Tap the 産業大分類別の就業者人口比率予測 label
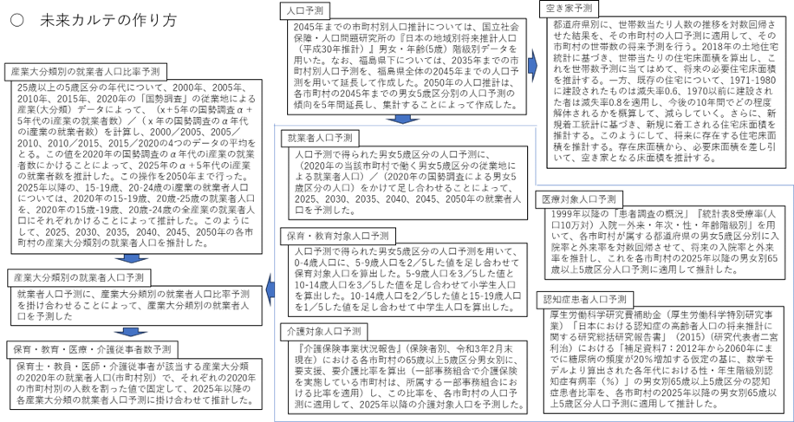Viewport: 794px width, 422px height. pyautogui.click(x=85, y=72)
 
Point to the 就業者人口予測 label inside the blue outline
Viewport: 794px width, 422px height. pyautogui.click(x=320, y=138)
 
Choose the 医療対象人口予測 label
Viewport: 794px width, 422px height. pyautogui.click(x=578, y=199)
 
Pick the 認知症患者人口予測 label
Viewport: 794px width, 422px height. pyautogui.click(x=585, y=300)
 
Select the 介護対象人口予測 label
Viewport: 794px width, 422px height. pyautogui.click(x=323, y=331)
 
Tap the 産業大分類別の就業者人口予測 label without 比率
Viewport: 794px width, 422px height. pyautogui.click(x=78, y=278)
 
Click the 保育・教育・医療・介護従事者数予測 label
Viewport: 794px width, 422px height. pyautogui.click(x=91, y=349)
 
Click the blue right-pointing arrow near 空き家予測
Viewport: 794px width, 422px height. pyautogui.click(x=533, y=66)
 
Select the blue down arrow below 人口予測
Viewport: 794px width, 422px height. pyautogui.click(x=402, y=120)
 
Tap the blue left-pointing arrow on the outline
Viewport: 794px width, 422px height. pyautogui.click(x=270, y=290)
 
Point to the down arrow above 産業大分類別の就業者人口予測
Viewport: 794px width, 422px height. pyautogui.click(x=132, y=258)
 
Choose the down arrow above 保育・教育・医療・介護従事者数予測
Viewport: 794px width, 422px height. pyautogui.click(x=131, y=331)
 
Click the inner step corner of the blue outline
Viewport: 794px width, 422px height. pyautogui.click(x=536, y=185)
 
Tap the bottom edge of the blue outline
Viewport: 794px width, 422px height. pyautogui.click(x=533, y=420)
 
